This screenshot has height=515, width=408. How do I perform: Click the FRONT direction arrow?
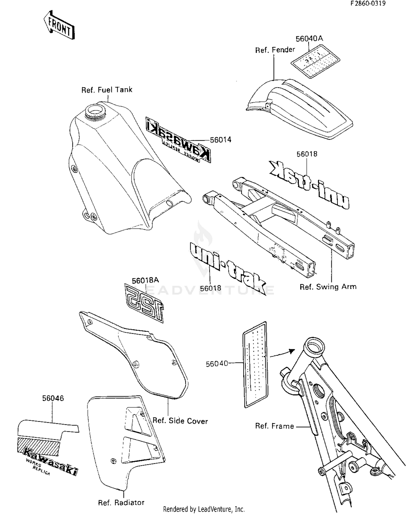click(59, 25)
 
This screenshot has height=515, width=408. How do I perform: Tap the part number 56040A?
click(309, 39)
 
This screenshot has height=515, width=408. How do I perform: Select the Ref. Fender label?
click(275, 50)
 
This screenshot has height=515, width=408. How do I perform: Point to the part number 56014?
click(221, 140)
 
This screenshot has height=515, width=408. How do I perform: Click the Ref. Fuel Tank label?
click(107, 90)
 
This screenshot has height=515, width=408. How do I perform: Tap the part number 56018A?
click(145, 281)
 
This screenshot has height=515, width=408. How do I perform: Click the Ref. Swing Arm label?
click(328, 287)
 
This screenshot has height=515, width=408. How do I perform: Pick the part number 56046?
click(53, 398)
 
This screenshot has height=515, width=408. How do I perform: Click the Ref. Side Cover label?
click(180, 421)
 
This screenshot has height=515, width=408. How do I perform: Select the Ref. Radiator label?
click(121, 502)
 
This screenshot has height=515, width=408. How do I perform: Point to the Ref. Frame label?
click(274, 426)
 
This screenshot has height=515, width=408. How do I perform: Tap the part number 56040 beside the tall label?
click(217, 364)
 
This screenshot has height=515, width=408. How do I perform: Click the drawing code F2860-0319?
click(368, 3)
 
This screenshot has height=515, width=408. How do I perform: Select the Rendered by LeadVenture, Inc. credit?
click(204, 509)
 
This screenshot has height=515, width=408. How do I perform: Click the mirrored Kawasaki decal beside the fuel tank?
click(178, 140)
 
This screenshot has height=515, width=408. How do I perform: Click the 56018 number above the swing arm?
click(307, 154)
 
